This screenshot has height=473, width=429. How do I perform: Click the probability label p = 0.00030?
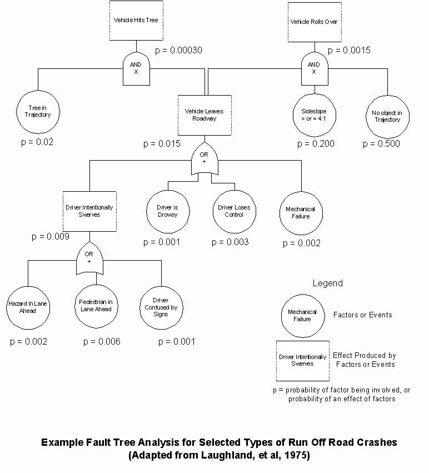pyautogui.click(x=178, y=51)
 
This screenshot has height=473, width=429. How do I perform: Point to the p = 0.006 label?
pyautogui.click(x=102, y=341)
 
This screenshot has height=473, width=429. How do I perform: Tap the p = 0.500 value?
pyautogui.click(x=381, y=143)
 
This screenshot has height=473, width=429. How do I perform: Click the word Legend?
pyautogui.click(x=328, y=283)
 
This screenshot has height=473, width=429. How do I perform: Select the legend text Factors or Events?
pyautogui.click(x=363, y=315)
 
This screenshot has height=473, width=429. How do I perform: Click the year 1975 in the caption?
pyautogui.click(x=297, y=455)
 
